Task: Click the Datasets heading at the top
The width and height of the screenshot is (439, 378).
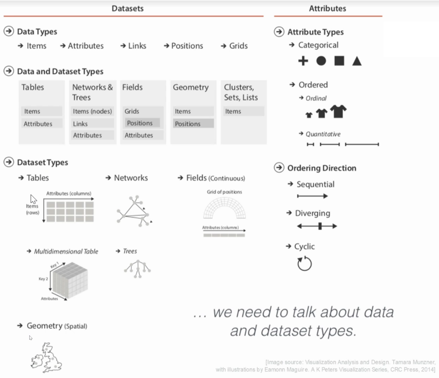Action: pos(127,8)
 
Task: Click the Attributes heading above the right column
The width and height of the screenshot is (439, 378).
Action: pos(327,8)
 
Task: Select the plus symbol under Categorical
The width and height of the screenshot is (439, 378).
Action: pos(303,61)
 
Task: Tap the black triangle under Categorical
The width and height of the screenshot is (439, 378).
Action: pos(357,61)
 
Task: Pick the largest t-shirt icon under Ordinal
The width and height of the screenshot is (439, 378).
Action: pos(338,111)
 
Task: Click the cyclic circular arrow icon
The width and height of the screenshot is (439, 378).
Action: pos(305,263)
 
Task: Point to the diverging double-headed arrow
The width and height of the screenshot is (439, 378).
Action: pos(317,226)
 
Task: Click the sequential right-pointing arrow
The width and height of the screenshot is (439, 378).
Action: pos(312,196)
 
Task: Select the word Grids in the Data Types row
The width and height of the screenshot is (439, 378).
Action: pos(238,46)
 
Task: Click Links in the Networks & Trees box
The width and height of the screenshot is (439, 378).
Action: pos(80,123)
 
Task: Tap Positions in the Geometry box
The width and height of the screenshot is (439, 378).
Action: pos(187,123)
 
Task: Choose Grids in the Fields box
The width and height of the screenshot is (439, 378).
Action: pos(132,111)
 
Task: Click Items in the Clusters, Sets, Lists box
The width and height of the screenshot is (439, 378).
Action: pos(233,111)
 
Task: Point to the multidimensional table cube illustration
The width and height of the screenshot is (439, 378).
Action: pos(70,280)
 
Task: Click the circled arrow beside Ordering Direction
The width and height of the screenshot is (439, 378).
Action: pos(279,168)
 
